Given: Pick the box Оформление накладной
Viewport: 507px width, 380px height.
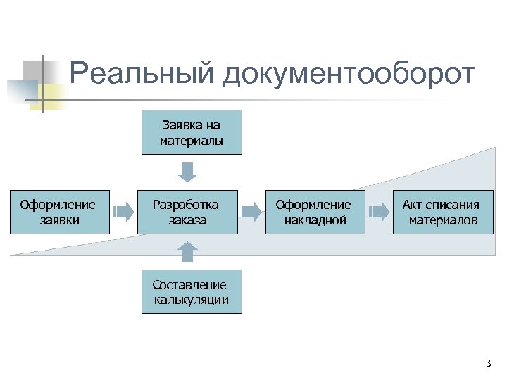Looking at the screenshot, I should [314, 212].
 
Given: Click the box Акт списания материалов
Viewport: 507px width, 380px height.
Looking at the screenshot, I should [442, 212].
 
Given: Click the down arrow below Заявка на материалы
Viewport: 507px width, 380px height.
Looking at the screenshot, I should [188, 172].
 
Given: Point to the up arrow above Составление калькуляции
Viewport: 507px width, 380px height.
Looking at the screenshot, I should [188, 252].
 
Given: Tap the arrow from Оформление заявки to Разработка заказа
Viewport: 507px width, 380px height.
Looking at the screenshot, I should [123, 210].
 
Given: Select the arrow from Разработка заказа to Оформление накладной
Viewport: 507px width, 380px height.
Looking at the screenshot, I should [251, 210].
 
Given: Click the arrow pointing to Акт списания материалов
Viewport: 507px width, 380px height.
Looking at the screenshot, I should [379, 210].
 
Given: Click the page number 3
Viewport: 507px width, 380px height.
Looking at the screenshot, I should [488, 363].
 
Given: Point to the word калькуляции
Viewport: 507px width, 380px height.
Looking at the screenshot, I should [191, 300].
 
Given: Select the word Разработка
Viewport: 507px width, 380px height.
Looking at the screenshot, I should [186, 205].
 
